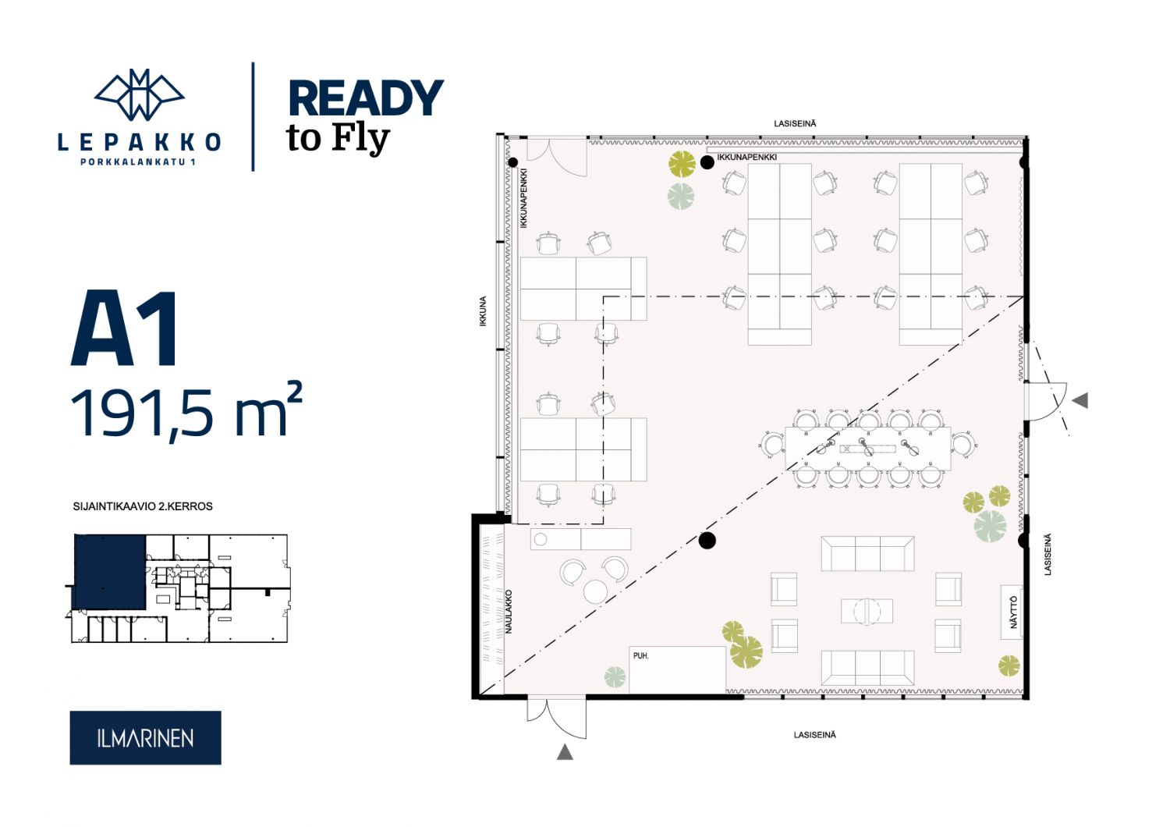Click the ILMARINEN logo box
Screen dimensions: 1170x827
[x=145, y=737]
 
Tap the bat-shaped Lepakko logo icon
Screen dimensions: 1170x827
[x=139, y=94]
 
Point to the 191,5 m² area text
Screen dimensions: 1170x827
[x=186, y=413]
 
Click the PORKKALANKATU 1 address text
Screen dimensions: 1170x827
[x=138, y=162]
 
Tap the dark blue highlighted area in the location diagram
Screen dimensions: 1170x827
[x=110, y=572]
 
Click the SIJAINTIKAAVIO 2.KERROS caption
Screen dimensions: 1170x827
[x=143, y=506]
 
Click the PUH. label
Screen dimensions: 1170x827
[x=641, y=655]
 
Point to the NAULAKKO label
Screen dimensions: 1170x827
[x=509, y=612]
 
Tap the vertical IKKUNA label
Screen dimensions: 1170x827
[x=483, y=311]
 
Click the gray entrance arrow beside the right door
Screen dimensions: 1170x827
[x=1080, y=401]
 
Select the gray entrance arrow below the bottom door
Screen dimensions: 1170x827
[x=565, y=752]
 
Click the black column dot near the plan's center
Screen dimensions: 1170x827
[x=707, y=540]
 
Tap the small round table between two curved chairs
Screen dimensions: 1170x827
[x=595, y=591]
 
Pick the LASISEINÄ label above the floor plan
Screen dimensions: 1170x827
[x=795, y=124]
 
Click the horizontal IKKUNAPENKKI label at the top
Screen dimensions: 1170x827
[x=747, y=157]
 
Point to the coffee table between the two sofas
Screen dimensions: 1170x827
[x=867, y=611]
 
